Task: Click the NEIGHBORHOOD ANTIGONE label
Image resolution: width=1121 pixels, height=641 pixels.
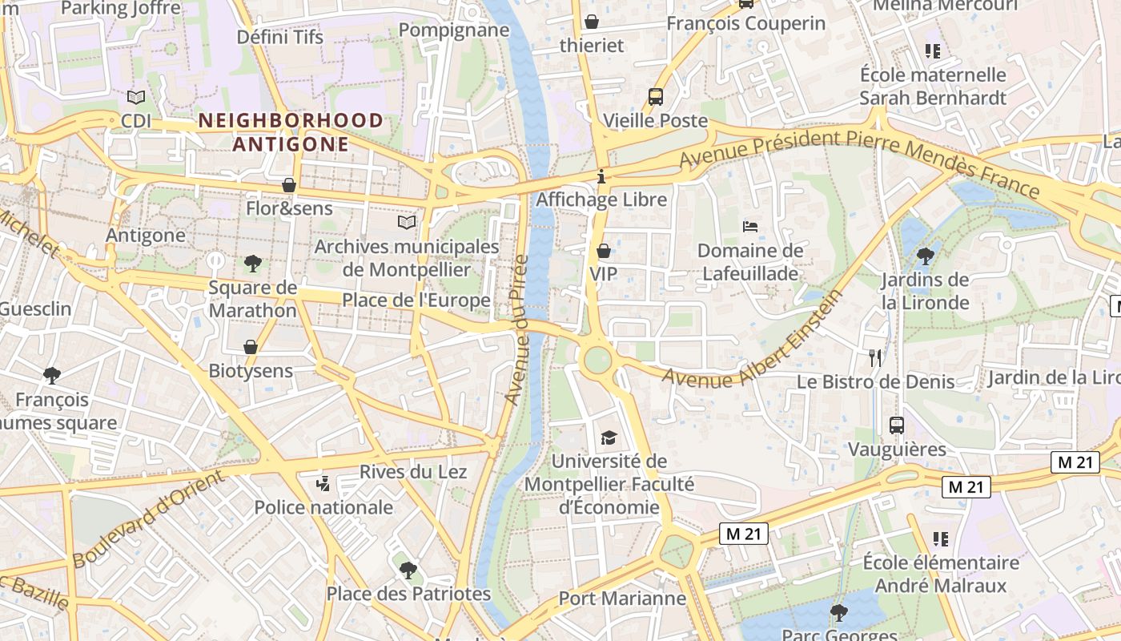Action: tap(290, 132)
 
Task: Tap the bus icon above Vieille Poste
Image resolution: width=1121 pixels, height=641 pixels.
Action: tap(656, 97)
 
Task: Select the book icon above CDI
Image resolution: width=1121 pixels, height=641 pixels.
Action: tap(136, 97)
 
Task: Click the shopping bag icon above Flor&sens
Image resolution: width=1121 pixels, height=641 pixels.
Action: tap(289, 185)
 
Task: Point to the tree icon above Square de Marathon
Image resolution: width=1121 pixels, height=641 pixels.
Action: tap(252, 263)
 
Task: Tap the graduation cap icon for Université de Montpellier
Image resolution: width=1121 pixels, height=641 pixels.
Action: tap(609, 437)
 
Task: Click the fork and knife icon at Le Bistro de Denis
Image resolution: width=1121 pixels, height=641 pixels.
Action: tap(875, 357)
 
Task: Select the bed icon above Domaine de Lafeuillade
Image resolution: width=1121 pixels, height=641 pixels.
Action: tap(750, 227)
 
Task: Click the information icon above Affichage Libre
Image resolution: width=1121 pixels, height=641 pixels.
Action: tap(601, 176)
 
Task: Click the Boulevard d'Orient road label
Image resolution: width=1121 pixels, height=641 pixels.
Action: tap(147, 519)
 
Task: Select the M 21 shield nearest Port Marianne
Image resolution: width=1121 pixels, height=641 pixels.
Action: tap(743, 534)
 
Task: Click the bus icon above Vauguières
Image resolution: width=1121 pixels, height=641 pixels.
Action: tap(897, 425)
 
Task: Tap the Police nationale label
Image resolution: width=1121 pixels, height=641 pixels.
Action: tap(323, 507)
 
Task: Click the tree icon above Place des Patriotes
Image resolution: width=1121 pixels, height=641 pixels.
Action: tap(408, 570)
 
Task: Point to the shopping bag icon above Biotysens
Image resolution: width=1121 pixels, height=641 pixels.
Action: tap(251, 347)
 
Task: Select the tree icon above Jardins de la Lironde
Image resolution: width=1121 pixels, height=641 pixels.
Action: tap(925, 256)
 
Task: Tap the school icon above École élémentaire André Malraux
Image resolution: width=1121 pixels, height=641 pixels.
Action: tap(940, 538)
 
